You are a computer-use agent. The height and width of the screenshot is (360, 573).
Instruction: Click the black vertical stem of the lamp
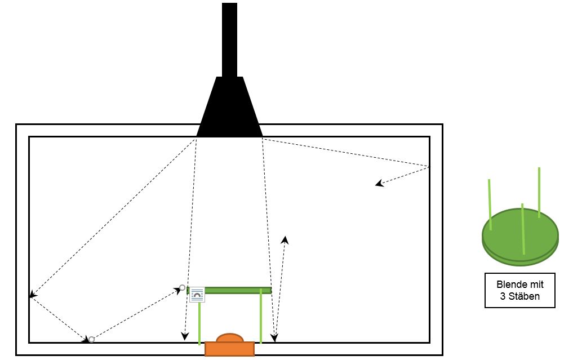pos(229,40)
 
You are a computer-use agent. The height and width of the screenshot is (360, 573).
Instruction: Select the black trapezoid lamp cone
pos(229,106)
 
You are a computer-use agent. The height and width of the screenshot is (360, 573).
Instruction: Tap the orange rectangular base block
pos(229,349)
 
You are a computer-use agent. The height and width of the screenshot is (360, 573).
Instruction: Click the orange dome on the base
pos(229,338)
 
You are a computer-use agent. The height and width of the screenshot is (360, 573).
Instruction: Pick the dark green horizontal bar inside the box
pos(229,291)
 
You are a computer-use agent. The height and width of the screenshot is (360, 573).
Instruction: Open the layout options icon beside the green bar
pos(197,295)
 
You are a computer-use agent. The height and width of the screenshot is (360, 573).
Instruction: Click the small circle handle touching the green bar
pos(183,288)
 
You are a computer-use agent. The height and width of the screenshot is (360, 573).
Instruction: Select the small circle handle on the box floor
pos(92,339)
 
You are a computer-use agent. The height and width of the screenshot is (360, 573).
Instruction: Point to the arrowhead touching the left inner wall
pos(33,295)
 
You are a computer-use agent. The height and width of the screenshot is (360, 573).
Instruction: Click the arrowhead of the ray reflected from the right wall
pos(379,183)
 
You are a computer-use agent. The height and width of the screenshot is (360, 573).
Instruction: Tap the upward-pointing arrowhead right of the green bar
pos(285,240)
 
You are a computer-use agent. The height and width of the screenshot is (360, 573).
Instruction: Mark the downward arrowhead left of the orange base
pos(185,336)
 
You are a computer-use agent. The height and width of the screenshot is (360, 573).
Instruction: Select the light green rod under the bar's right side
pos(260,316)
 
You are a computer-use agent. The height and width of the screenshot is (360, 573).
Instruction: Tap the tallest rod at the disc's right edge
pos(539,193)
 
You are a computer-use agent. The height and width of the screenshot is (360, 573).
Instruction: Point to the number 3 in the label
pos(503,296)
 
